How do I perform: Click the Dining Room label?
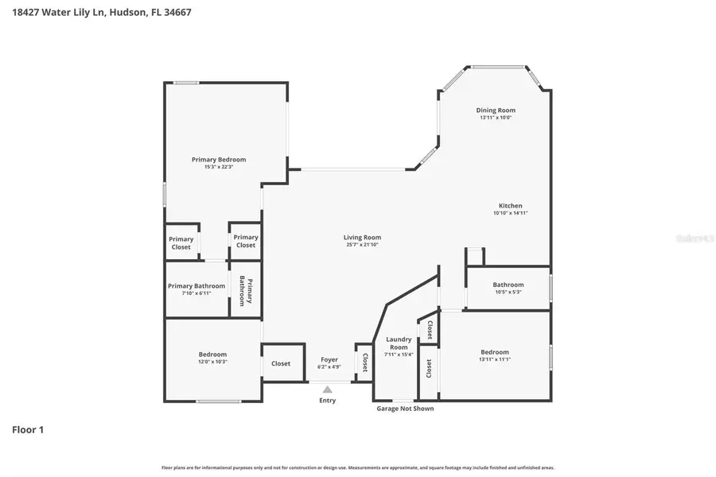(x=496, y=111)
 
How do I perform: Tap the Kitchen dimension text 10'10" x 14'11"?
(x=510, y=213)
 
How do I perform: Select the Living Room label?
(x=362, y=237)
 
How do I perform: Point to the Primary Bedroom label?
(x=219, y=159)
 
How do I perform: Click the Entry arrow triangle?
(x=327, y=390)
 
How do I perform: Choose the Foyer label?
(x=329, y=359)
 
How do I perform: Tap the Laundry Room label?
(x=399, y=343)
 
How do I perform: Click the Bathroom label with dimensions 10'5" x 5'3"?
(x=508, y=285)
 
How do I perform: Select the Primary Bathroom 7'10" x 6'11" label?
(x=197, y=289)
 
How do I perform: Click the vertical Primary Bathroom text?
(x=245, y=291)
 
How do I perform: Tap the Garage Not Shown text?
(x=405, y=409)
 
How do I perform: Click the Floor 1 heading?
(x=28, y=430)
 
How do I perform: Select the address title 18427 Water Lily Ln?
(x=101, y=12)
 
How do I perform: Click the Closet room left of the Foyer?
(x=281, y=363)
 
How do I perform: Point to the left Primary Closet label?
(x=181, y=242)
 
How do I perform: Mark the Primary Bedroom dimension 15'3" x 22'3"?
(x=219, y=167)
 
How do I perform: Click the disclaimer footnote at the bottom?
(x=358, y=468)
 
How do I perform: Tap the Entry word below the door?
(x=327, y=400)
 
